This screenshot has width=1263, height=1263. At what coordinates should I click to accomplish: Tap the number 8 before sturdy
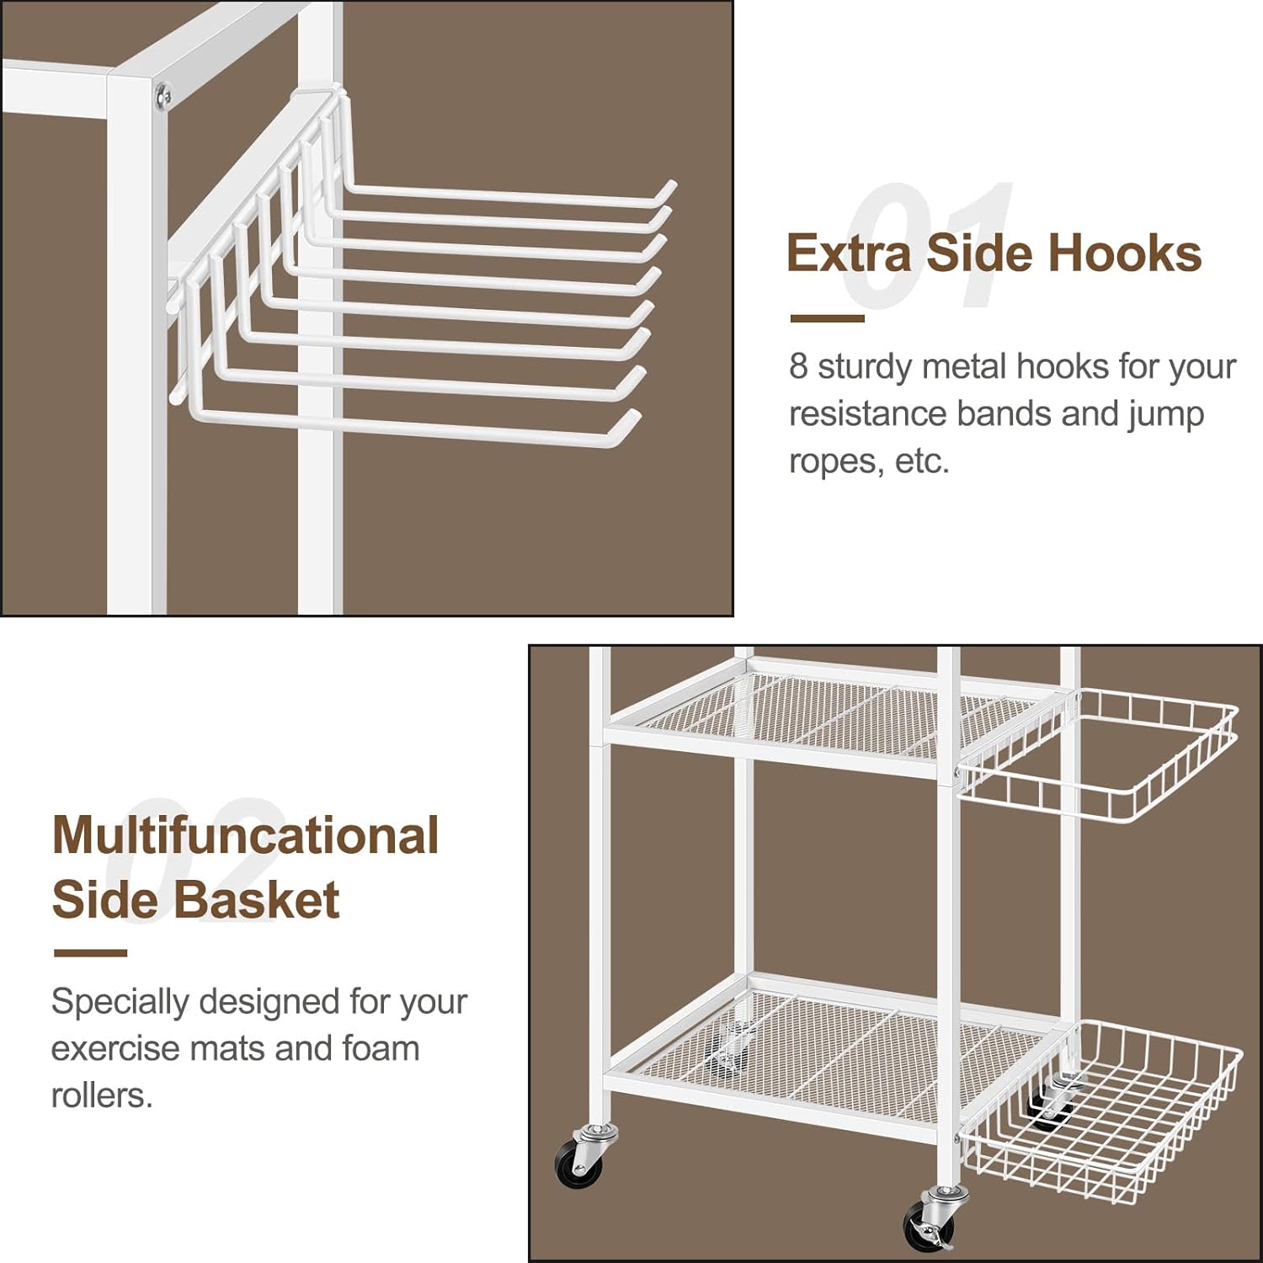click(x=798, y=366)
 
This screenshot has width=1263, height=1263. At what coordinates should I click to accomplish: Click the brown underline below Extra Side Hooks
click(x=827, y=318)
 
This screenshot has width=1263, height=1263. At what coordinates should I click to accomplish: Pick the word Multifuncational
click(x=245, y=835)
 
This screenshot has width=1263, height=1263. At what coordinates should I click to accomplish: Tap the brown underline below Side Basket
click(x=90, y=953)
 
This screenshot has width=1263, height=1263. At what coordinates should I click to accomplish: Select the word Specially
click(x=120, y=1003)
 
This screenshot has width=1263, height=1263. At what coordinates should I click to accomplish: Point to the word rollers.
click(x=102, y=1095)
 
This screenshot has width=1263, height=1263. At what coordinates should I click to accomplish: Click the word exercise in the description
click(x=115, y=1049)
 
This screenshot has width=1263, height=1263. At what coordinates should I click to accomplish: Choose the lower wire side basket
click(x=1101, y=1107)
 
